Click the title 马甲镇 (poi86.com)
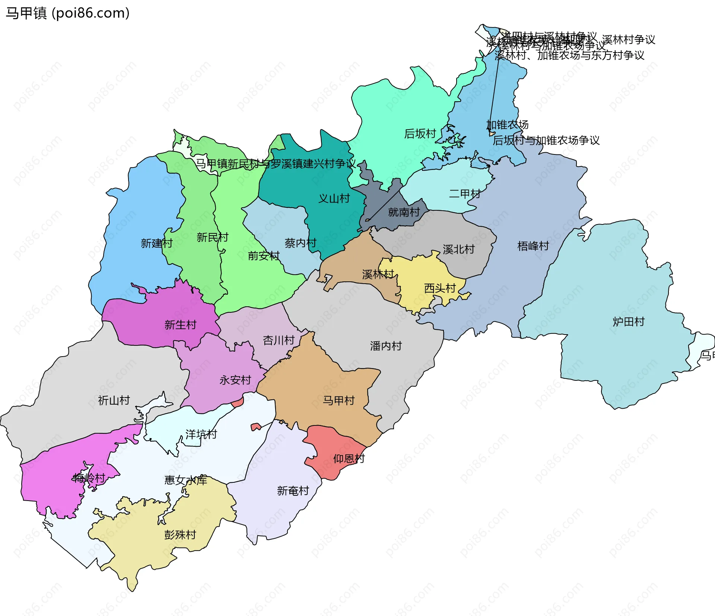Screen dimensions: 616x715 click(x=67, y=13)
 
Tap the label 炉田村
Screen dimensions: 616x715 click(x=629, y=322)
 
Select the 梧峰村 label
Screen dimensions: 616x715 click(x=533, y=246)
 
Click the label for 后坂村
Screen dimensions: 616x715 click(x=420, y=133)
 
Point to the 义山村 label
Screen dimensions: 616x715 click(x=334, y=198)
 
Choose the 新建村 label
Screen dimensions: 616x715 click(x=157, y=243)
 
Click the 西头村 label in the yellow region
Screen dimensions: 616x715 click(x=440, y=288)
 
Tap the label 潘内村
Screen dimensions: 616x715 click(x=386, y=346)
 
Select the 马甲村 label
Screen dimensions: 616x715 click(x=339, y=400)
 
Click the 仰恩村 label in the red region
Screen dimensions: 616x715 click(x=349, y=459)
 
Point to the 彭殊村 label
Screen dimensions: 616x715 click(x=180, y=535)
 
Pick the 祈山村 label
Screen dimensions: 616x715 click(x=114, y=400)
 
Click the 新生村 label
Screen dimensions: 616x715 click(x=180, y=325)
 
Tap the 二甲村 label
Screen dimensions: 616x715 click(x=465, y=194)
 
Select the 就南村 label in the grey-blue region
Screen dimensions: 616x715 click(x=404, y=212)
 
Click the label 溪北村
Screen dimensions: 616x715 click(x=458, y=249)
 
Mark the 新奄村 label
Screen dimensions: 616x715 click(x=293, y=491)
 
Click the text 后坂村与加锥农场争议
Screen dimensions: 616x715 click(x=546, y=140)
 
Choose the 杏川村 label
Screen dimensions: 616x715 click(x=279, y=340)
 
